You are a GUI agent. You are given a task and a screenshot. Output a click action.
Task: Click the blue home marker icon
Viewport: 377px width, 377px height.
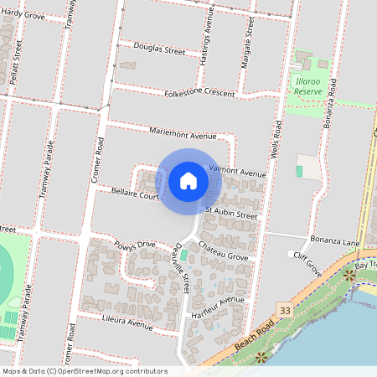pos(188,180)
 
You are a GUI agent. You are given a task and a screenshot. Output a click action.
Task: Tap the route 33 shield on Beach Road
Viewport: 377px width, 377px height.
pos(287,310)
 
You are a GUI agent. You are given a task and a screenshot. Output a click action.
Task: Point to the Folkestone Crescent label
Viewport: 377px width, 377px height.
pos(199,93)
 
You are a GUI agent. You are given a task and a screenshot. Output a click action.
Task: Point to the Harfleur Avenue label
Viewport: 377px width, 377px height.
pos(217,305)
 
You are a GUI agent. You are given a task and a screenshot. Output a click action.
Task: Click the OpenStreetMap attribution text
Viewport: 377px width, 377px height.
pos(85,371)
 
